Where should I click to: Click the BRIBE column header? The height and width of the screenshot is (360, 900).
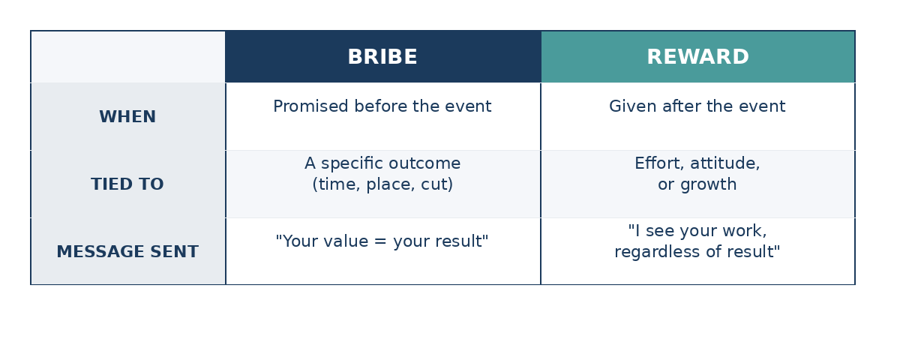point(382,57)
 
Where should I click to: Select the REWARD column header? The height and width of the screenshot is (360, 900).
point(698,57)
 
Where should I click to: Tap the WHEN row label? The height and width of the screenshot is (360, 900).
point(127,117)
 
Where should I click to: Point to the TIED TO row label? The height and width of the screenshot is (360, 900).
point(127,184)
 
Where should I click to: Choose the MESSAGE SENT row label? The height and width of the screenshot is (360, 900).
point(127,252)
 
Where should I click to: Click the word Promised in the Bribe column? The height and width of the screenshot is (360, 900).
point(310,106)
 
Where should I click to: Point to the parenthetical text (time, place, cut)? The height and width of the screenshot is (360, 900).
point(382,184)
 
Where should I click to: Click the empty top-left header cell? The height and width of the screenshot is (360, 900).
point(128,57)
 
